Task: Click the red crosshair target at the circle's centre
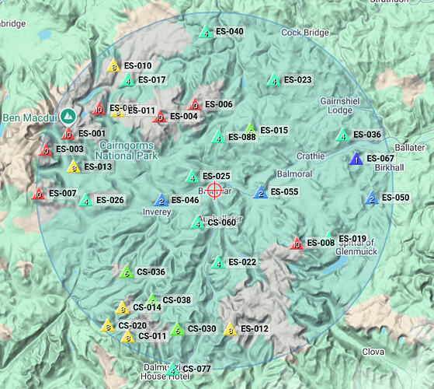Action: click(215, 189)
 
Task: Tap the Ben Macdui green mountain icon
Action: click(68, 115)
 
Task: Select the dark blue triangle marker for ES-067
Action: click(356, 159)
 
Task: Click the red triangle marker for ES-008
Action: click(296, 244)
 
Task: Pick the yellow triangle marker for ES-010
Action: click(113, 67)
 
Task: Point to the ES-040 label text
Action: click(229, 32)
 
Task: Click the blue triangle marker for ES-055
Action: click(261, 192)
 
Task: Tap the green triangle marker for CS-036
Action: click(126, 272)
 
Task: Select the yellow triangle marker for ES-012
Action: click(230, 329)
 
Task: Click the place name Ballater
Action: click(409, 147)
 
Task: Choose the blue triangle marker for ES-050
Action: click(371, 198)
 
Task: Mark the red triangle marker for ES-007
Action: click(37, 194)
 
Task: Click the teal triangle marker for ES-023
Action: click(273, 80)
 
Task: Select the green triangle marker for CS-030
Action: click(177, 329)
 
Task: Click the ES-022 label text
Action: click(243, 263)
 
